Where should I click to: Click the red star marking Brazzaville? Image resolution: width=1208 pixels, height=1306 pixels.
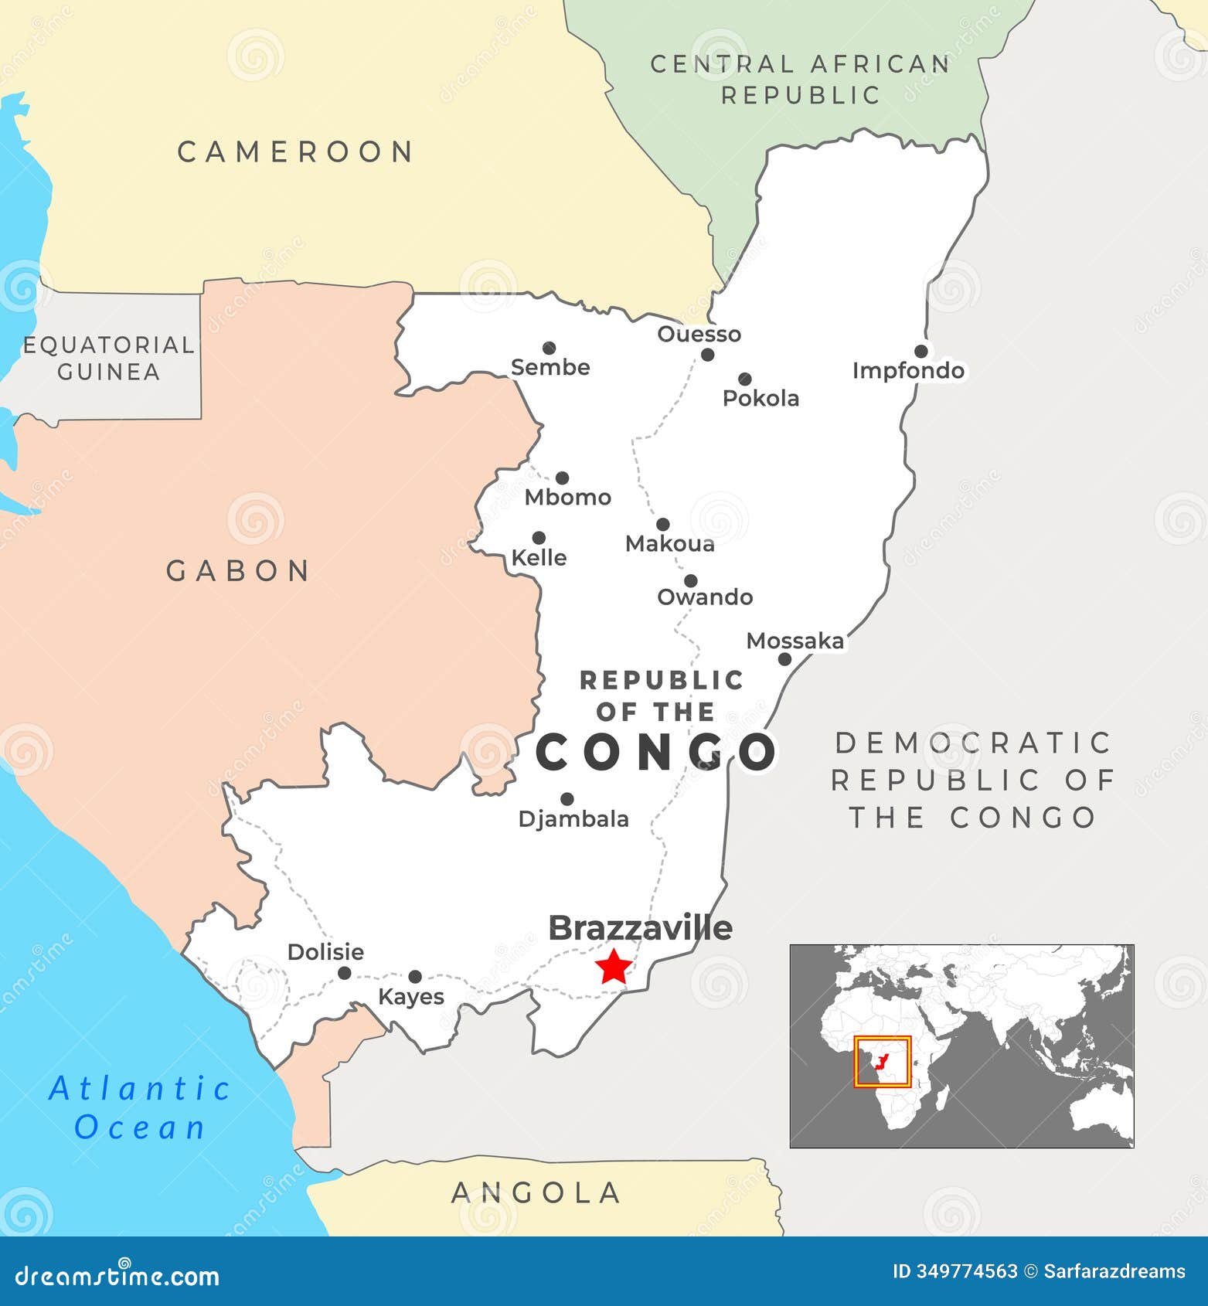(614, 966)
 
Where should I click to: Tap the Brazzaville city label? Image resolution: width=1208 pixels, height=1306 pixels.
(640, 928)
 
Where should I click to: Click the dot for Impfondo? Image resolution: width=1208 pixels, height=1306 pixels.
(920, 352)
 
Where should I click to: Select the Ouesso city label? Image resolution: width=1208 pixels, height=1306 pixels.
(699, 334)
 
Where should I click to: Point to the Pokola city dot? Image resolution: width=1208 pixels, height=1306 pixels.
(744, 379)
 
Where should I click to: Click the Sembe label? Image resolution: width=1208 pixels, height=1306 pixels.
(550, 367)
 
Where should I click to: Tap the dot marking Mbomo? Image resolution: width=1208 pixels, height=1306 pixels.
(562, 478)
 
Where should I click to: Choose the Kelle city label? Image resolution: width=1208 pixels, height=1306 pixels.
(539, 558)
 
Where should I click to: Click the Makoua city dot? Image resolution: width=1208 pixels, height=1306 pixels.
(662, 525)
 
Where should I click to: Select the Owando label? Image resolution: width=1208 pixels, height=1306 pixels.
(705, 597)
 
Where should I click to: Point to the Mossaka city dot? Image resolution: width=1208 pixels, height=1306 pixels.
(784, 659)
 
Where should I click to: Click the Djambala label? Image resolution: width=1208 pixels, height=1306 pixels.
(573, 819)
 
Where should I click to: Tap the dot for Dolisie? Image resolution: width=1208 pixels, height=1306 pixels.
(345, 973)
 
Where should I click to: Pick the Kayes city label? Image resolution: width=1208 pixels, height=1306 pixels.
(411, 997)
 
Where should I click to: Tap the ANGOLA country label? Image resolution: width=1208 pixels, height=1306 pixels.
(536, 1192)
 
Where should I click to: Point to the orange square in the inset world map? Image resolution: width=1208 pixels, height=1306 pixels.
(883, 1062)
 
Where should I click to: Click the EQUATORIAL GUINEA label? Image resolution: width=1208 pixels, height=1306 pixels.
(108, 358)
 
